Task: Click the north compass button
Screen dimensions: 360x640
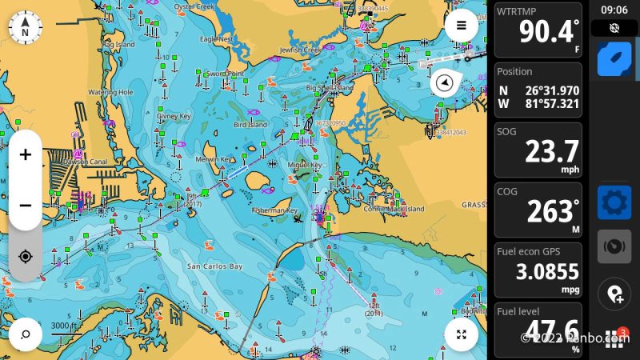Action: [x=26, y=29]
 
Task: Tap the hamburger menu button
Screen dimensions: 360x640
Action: [x=462, y=25]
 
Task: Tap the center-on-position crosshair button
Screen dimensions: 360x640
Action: [x=26, y=256]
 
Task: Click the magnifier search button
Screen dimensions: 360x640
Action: [x=26, y=334]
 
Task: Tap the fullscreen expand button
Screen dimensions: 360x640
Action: [x=462, y=334]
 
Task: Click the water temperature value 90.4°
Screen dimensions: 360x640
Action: [x=547, y=32]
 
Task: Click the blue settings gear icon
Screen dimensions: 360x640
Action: [x=614, y=202]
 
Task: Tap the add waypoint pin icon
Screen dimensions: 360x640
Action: [x=614, y=294]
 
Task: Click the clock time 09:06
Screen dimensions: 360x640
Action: [x=614, y=10]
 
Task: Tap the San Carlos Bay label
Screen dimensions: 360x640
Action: [x=214, y=266]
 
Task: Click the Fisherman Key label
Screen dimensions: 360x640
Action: [x=274, y=210]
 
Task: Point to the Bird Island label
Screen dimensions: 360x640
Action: [x=250, y=125]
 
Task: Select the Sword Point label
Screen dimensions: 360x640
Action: [x=225, y=74]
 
